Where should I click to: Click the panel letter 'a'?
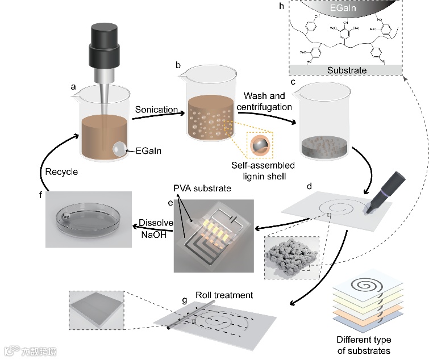[x=73, y=87]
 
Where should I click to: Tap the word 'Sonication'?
[x=152, y=108]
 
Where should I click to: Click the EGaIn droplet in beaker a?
[x=119, y=148]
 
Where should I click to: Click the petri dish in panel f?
[x=90, y=218]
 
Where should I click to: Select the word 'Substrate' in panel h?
[x=347, y=70]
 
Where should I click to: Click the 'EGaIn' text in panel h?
[x=346, y=10]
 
